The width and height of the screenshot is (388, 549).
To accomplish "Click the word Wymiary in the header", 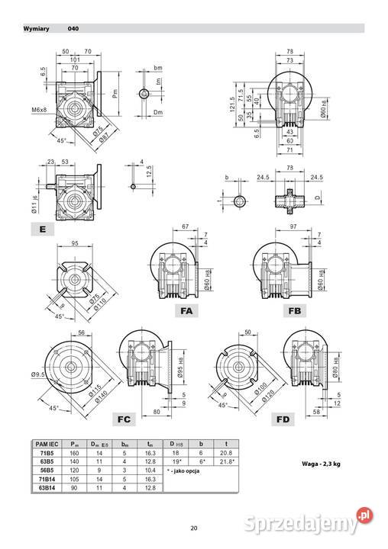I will [36, 29].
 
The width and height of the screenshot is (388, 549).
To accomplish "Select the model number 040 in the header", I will [73, 29].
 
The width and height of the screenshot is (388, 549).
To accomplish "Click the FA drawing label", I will [187, 311].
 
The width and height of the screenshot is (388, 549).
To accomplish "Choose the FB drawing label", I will [295, 311].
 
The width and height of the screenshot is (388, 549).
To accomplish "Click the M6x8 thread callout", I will [40, 111].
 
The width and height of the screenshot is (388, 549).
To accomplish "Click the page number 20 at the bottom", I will [194, 528].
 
